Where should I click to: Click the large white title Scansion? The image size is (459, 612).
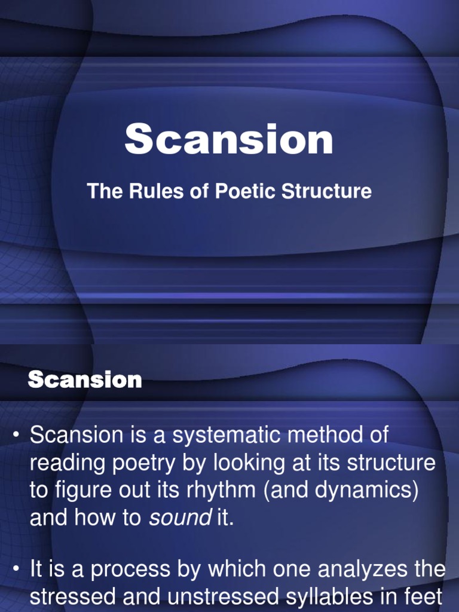tap(229, 140)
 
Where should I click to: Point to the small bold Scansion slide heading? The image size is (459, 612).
tap(85, 380)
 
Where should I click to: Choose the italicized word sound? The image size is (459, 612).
tap(178, 518)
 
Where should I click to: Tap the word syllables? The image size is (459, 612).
tap(335, 598)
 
